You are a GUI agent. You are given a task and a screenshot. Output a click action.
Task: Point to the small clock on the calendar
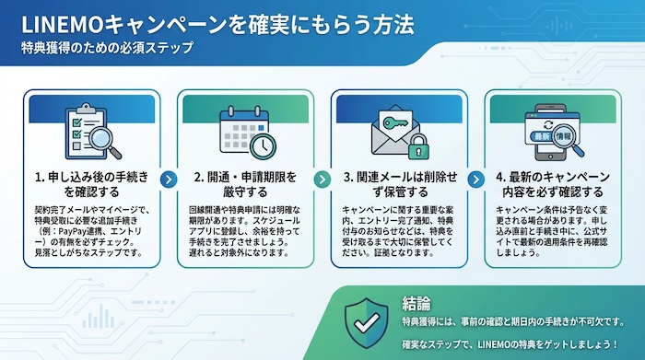[x=263, y=145]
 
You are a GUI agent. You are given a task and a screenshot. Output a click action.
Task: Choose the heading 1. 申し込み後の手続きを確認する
[x=90, y=183]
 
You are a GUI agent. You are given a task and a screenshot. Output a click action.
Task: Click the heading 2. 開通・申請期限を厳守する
[x=245, y=183]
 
